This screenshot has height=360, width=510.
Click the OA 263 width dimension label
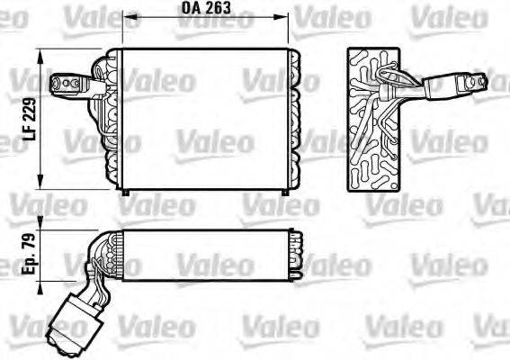click(206, 8)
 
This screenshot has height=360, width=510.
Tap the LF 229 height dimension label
click(29, 118)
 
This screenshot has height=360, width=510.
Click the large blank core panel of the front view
click(206, 117)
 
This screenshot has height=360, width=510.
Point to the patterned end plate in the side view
click(371, 117)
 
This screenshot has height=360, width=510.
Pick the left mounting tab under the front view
click(127, 191)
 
